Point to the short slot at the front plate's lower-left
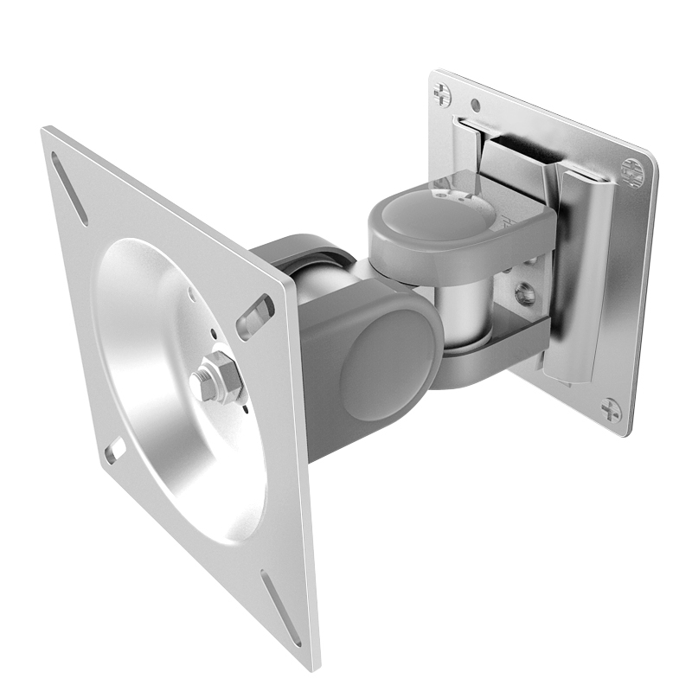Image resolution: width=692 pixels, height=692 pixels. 114,449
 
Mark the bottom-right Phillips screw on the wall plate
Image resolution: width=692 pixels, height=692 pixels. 611,409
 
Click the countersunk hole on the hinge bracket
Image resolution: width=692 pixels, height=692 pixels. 523,294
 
